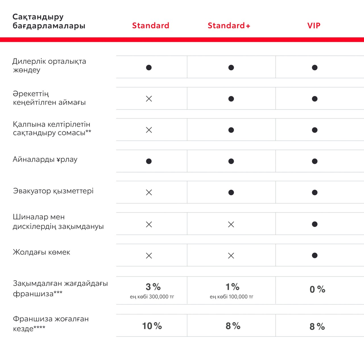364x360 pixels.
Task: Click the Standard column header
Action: pos(150,26)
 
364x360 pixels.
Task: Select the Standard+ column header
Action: pos(229,26)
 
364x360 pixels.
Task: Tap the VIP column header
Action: pos(314,26)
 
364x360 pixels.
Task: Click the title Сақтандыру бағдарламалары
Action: pos(49,21)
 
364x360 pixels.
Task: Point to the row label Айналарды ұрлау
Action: pos(45,159)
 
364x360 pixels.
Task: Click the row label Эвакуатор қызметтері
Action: pos(53,191)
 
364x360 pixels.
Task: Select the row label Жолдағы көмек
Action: pos(41,252)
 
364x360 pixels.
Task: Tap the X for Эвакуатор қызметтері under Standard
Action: pos(149,192)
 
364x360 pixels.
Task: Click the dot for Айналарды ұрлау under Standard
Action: pos(149,161)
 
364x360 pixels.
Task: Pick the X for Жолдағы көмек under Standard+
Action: pos(231,256)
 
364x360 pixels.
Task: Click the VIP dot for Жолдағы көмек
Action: pos(315,256)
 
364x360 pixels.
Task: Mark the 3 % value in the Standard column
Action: pos(153,287)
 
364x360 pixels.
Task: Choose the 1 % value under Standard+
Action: pos(233,287)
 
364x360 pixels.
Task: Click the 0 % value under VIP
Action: pos(317,289)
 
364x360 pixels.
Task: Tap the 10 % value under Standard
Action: pos(152,326)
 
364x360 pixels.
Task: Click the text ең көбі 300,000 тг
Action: pos(152,297)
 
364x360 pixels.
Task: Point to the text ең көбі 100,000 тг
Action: pos(231,297)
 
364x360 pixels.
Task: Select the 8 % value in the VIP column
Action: pos(317,326)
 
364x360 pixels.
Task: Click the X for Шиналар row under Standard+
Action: pos(231,225)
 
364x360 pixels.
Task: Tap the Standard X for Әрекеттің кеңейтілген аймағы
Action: pos(149,99)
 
